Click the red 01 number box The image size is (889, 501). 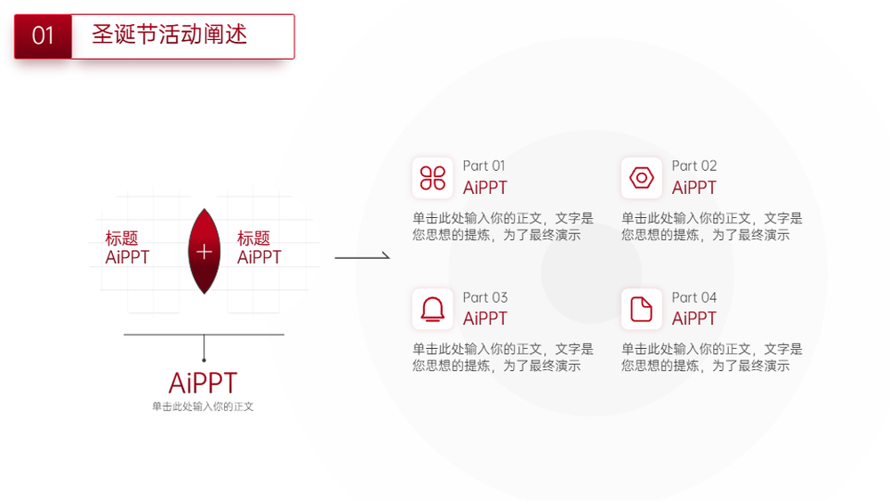(43, 36)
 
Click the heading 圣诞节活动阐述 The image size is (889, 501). (170, 35)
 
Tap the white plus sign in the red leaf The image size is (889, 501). (204, 251)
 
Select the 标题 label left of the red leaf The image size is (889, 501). (121, 238)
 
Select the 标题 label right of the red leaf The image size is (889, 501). (253, 238)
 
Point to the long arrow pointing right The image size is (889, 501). (363, 257)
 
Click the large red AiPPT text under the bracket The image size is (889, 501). (203, 383)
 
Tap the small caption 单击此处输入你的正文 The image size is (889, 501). (203, 407)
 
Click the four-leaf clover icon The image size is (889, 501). (433, 178)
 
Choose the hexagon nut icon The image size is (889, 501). (642, 178)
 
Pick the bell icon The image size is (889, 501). (433, 309)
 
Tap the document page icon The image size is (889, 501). (642, 309)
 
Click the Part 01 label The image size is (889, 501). (484, 166)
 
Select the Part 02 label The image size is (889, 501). (694, 166)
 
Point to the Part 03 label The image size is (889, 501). (485, 297)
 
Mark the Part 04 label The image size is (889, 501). (694, 297)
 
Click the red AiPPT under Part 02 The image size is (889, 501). (694, 188)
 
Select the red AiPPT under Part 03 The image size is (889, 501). (485, 319)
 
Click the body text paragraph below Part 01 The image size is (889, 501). (503, 226)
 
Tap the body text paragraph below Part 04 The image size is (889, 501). (712, 358)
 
